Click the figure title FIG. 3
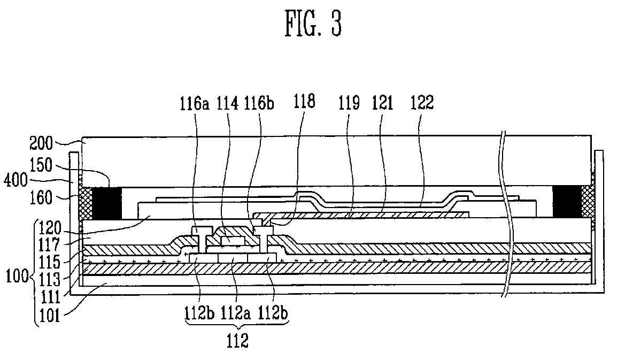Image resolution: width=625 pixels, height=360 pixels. (x=312, y=25)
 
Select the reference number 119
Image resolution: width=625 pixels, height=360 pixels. (x=350, y=102)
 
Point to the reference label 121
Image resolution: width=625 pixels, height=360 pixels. (x=384, y=102)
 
